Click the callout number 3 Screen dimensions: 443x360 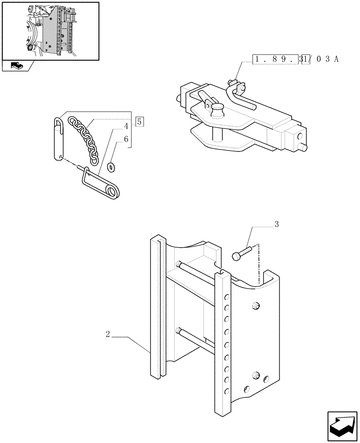[277, 225]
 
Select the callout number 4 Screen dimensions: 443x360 [126, 127]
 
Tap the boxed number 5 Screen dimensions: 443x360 [139, 121]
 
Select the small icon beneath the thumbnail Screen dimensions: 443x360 [16, 66]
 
